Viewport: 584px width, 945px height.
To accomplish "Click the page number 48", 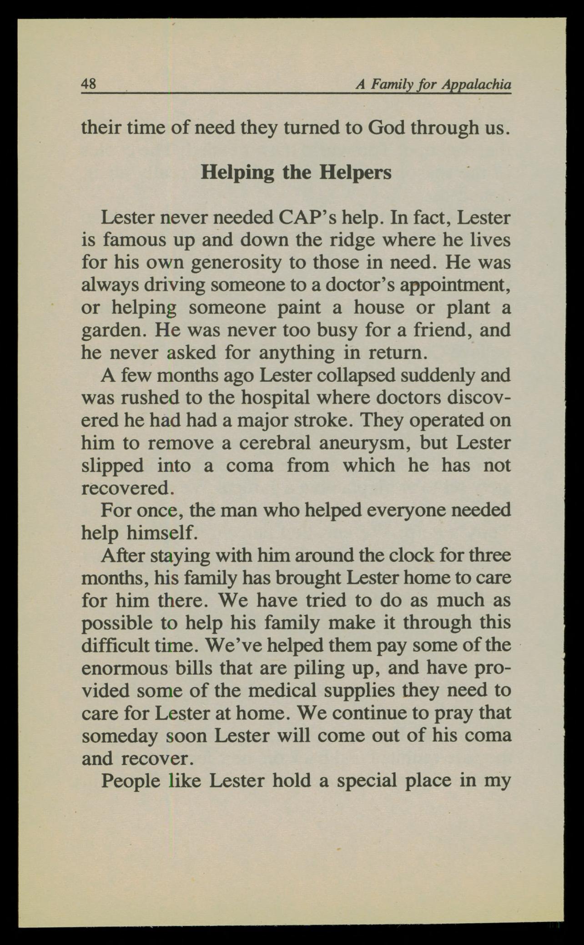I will click(x=88, y=84).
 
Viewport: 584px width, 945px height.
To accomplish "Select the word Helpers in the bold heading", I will click(x=355, y=173).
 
